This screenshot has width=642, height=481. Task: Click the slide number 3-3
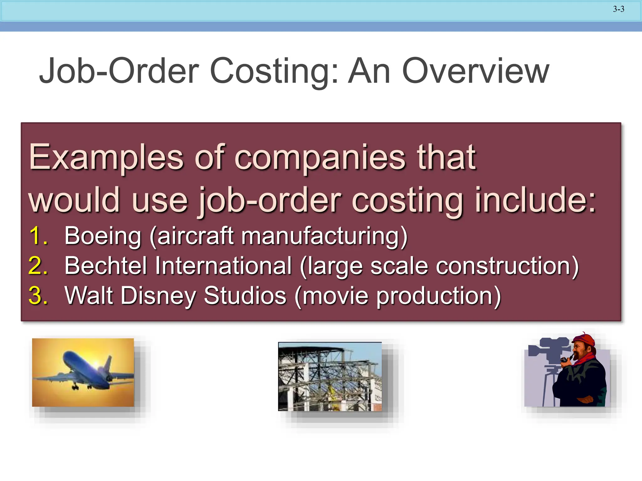pos(618,9)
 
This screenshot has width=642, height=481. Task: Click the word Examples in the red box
pos(106,158)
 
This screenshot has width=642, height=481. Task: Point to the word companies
pos(320,158)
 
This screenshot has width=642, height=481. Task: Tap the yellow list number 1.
pos(38,235)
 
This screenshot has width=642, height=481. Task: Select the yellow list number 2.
pos(38,266)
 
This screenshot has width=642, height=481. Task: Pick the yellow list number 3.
pos(38,295)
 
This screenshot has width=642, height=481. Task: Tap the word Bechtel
pos(106,266)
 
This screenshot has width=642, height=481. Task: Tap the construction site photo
pos(330,377)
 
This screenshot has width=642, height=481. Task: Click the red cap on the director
pos(584,340)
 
